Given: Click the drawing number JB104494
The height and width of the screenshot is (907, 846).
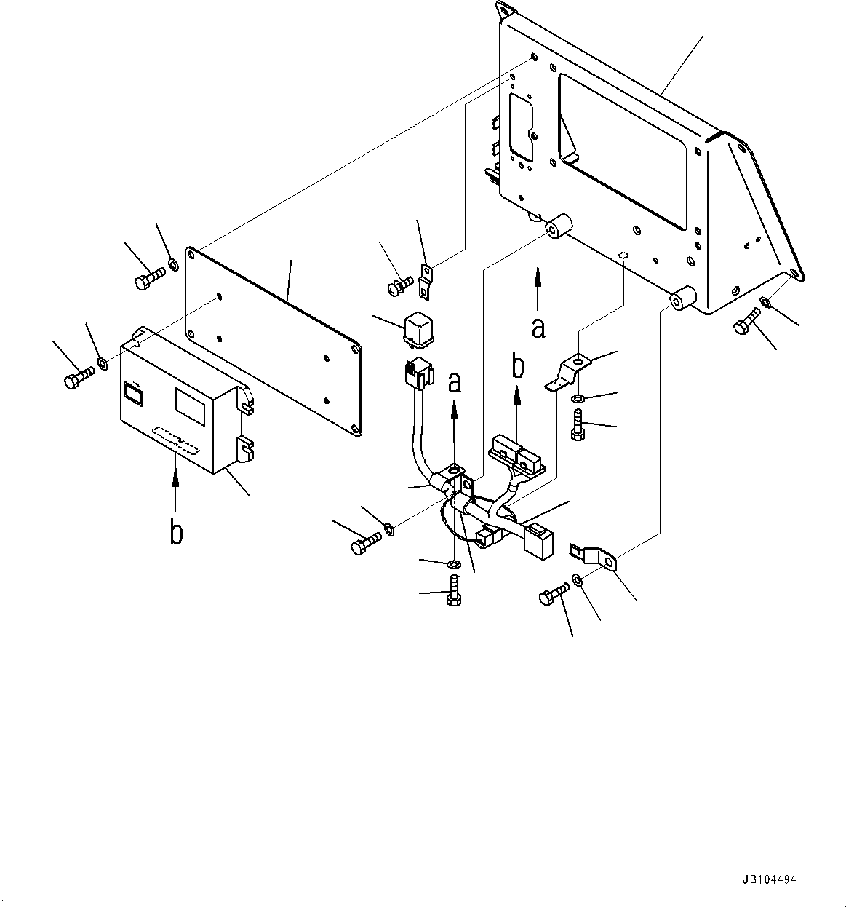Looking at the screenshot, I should click(x=770, y=879).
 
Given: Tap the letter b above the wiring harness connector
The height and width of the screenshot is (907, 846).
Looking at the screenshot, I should click(x=518, y=366).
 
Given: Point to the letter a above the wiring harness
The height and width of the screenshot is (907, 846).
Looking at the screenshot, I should click(x=455, y=382).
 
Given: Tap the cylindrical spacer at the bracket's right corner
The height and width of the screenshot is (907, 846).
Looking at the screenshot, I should click(x=683, y=298).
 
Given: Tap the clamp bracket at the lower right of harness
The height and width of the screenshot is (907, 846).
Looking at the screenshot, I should click(x=596, y=557).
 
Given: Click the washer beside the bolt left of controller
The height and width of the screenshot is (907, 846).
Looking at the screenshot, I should click(x=102, y=362).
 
